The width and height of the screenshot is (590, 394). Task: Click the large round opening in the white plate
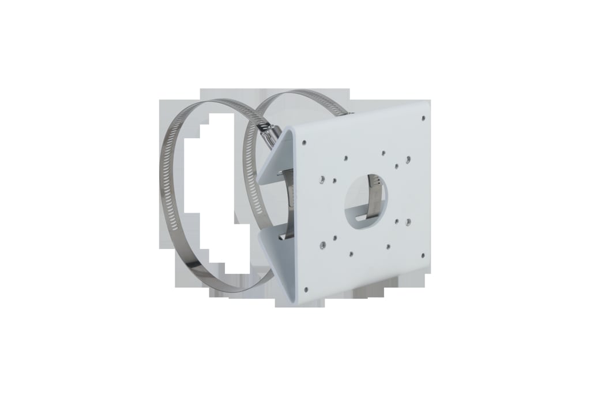point(367,199)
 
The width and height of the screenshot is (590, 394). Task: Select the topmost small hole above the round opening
point(384,153)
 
